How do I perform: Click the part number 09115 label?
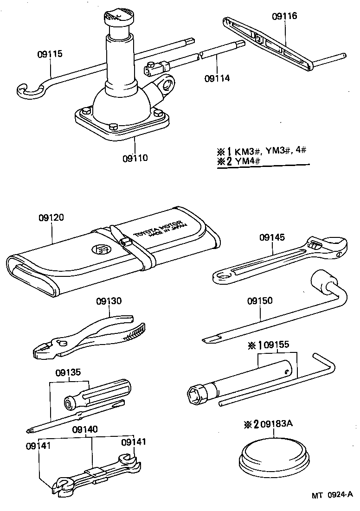[x=50, y=54]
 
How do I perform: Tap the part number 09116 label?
[x=284, y=16]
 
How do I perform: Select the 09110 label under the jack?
[x=135, y=158]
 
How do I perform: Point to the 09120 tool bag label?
[x=51, y=217]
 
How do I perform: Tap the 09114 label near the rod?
[x=217, y=78]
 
